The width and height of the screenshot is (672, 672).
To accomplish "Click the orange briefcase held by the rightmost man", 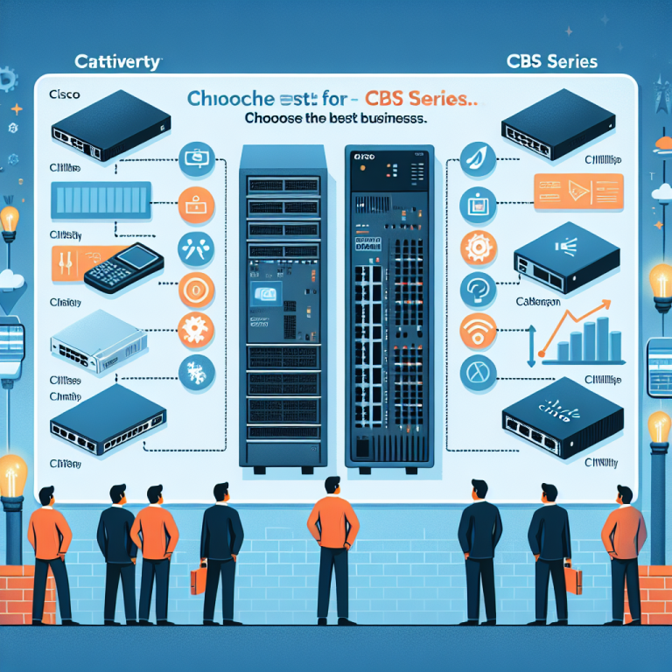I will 573,578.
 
